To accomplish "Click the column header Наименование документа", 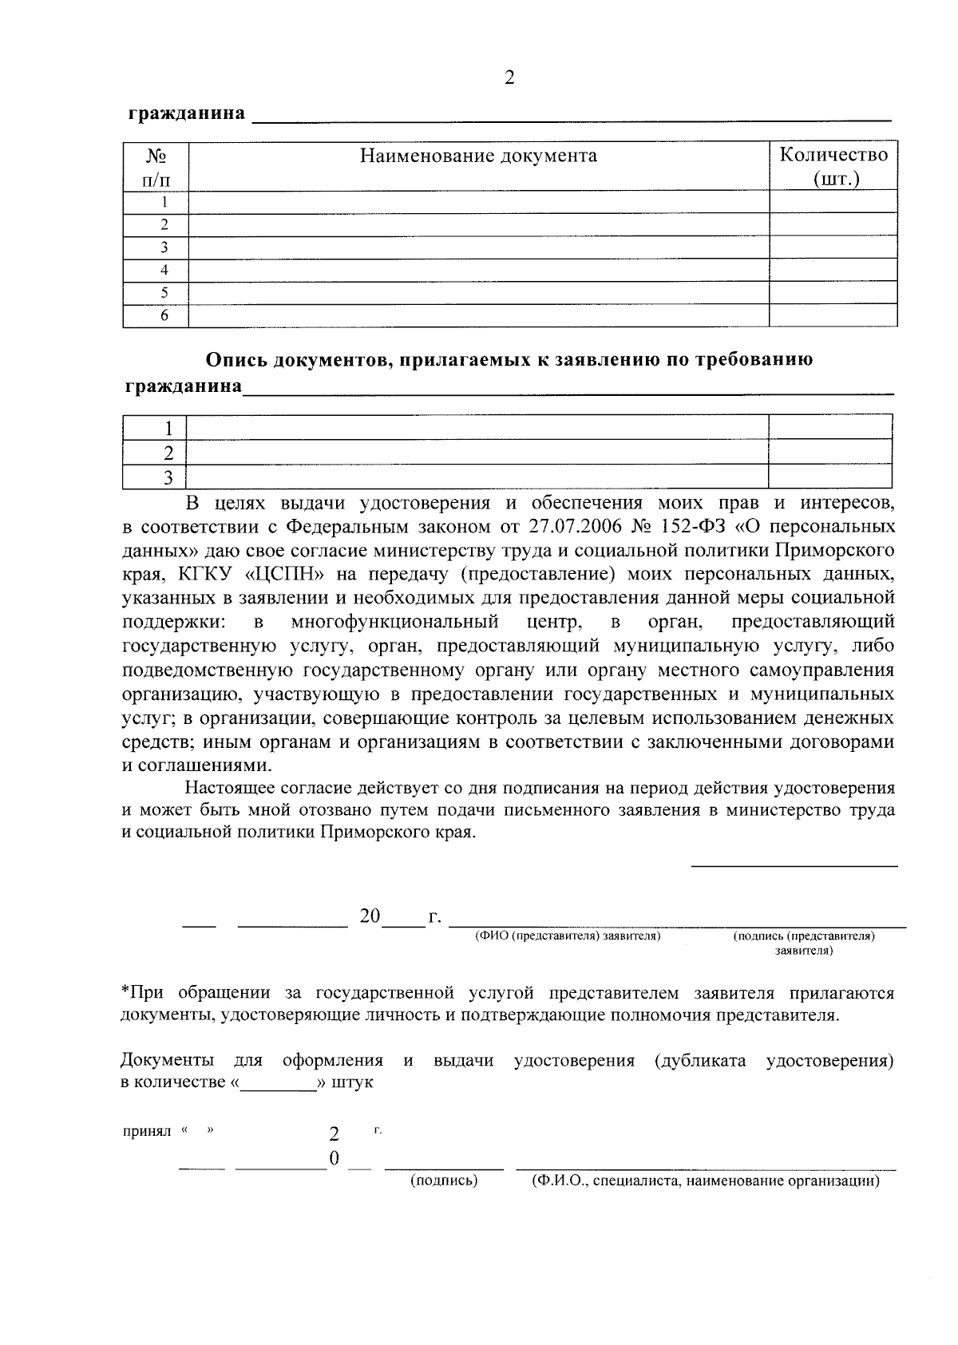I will (478, 155).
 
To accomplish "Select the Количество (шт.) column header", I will (833, 165).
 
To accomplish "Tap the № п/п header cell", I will (156, 165).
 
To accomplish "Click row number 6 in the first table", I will (164, 315).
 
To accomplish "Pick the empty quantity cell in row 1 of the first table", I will (833, 201).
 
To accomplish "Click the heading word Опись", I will (236, 360).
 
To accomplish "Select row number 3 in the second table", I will (168, 477).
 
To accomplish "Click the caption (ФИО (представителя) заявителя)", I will (568, 936).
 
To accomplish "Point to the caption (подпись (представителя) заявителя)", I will (803, 943).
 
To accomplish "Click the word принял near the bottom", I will (147, 1133).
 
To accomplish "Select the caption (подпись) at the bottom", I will (443, 1181).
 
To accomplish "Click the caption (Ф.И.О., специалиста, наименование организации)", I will (705, 1181).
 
